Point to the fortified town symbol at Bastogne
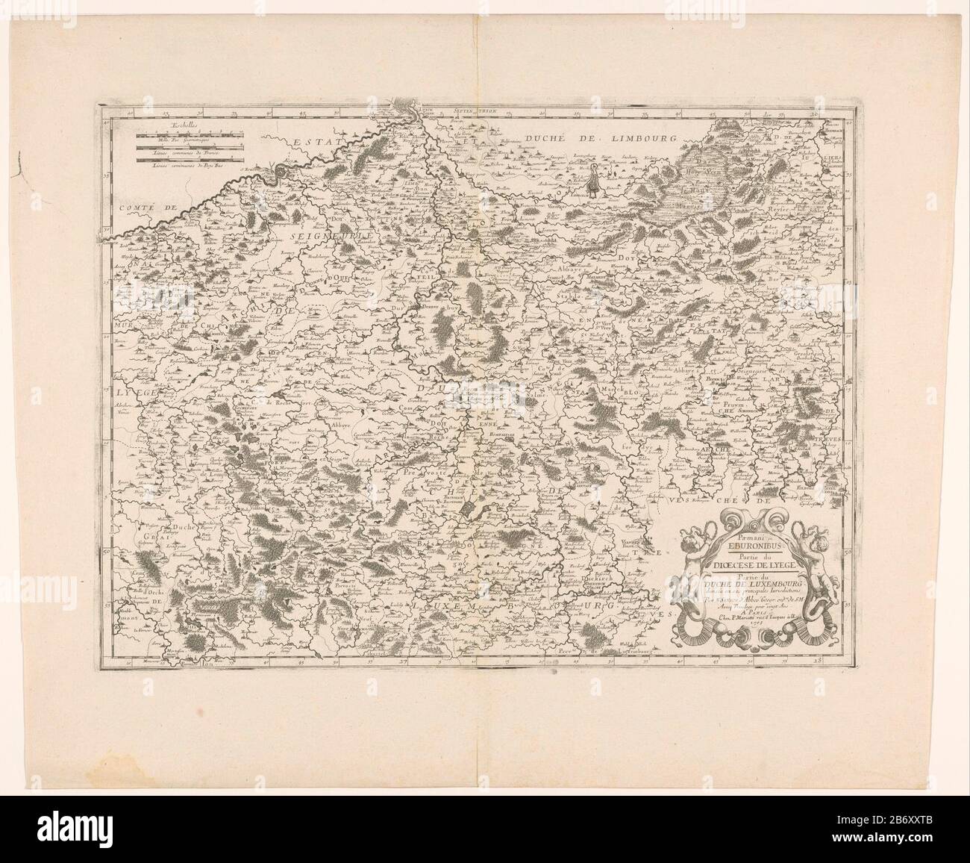(x=469, y=508)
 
